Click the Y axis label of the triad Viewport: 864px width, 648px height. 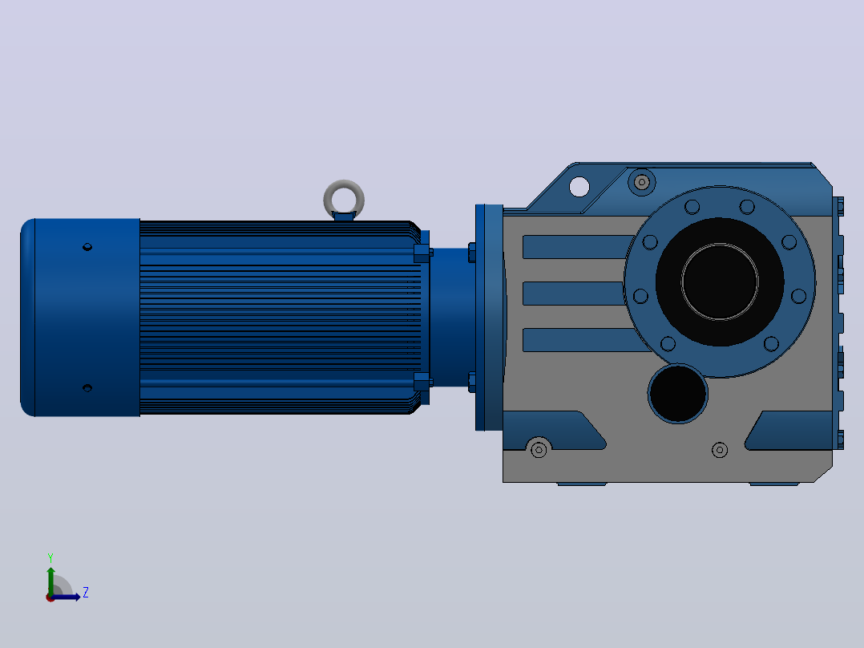pos(50,557)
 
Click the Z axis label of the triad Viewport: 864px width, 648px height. pos(86,593)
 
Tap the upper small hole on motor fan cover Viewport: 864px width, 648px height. pos(87,247)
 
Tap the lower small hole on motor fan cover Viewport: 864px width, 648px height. pos(87,388)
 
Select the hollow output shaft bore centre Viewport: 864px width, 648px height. pos(720,281)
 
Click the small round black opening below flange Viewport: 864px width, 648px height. pos(678,394)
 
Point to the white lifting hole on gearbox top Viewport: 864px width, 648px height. pos(579,186)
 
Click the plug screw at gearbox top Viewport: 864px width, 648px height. pos(642,181)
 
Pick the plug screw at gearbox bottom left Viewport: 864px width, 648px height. pos(539,450)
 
